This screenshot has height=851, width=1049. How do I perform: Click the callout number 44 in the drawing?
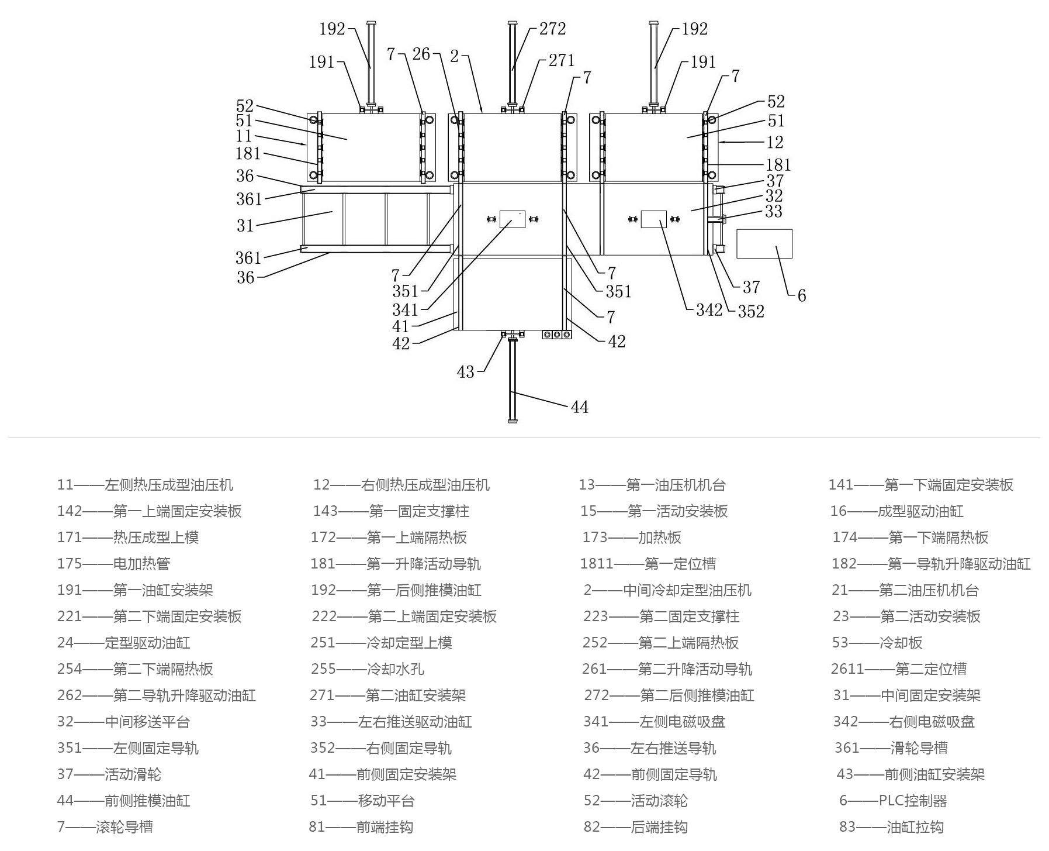[579, 407]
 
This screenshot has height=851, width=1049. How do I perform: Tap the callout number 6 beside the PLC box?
[801, 296]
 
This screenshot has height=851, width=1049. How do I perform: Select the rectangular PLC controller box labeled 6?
[764, 244]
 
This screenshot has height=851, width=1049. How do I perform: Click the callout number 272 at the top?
[552, 29]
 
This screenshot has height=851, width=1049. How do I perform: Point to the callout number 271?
[561, 60]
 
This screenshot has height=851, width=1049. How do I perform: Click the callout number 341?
[405, 309]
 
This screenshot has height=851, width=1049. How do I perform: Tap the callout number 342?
[709, 310]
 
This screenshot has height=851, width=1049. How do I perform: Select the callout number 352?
[750, 312]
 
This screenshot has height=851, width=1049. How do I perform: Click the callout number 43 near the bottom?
[465, 372]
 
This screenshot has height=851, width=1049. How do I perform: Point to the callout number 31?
[245, 225]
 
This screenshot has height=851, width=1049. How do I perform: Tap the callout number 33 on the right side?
[773, 211]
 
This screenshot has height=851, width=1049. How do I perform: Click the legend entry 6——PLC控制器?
[892, 801]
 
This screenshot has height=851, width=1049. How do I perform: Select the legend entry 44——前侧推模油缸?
[123, 801]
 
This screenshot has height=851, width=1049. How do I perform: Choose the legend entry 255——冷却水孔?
[367, 669]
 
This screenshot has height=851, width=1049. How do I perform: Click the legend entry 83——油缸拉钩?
[891, 827]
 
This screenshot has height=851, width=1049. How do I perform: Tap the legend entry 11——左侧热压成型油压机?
[145, 485]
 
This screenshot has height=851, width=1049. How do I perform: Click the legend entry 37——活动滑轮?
[109, 774]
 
